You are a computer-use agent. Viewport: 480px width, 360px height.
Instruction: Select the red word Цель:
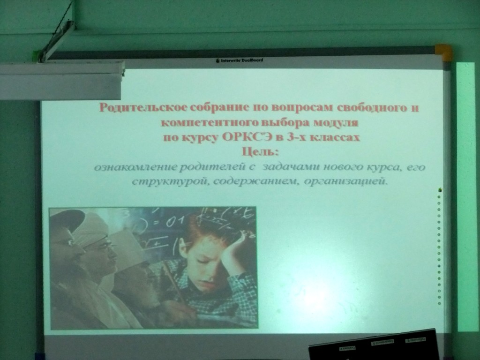coord(260,151)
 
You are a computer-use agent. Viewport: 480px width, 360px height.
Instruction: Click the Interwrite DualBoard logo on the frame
coord(240,60)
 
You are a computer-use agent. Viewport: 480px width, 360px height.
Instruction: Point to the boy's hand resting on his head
coord(232,242)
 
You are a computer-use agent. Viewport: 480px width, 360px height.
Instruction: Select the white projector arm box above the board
coord(61,80)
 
